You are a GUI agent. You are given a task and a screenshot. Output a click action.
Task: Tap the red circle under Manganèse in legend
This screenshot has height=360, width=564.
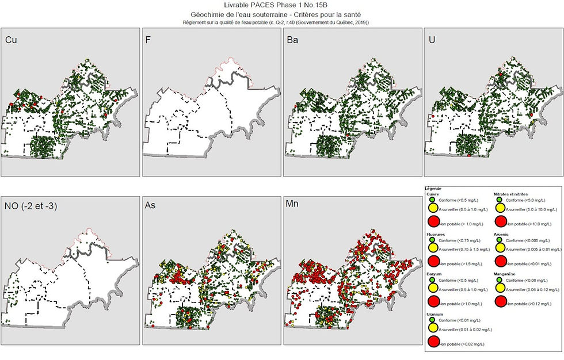click(500, 302)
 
